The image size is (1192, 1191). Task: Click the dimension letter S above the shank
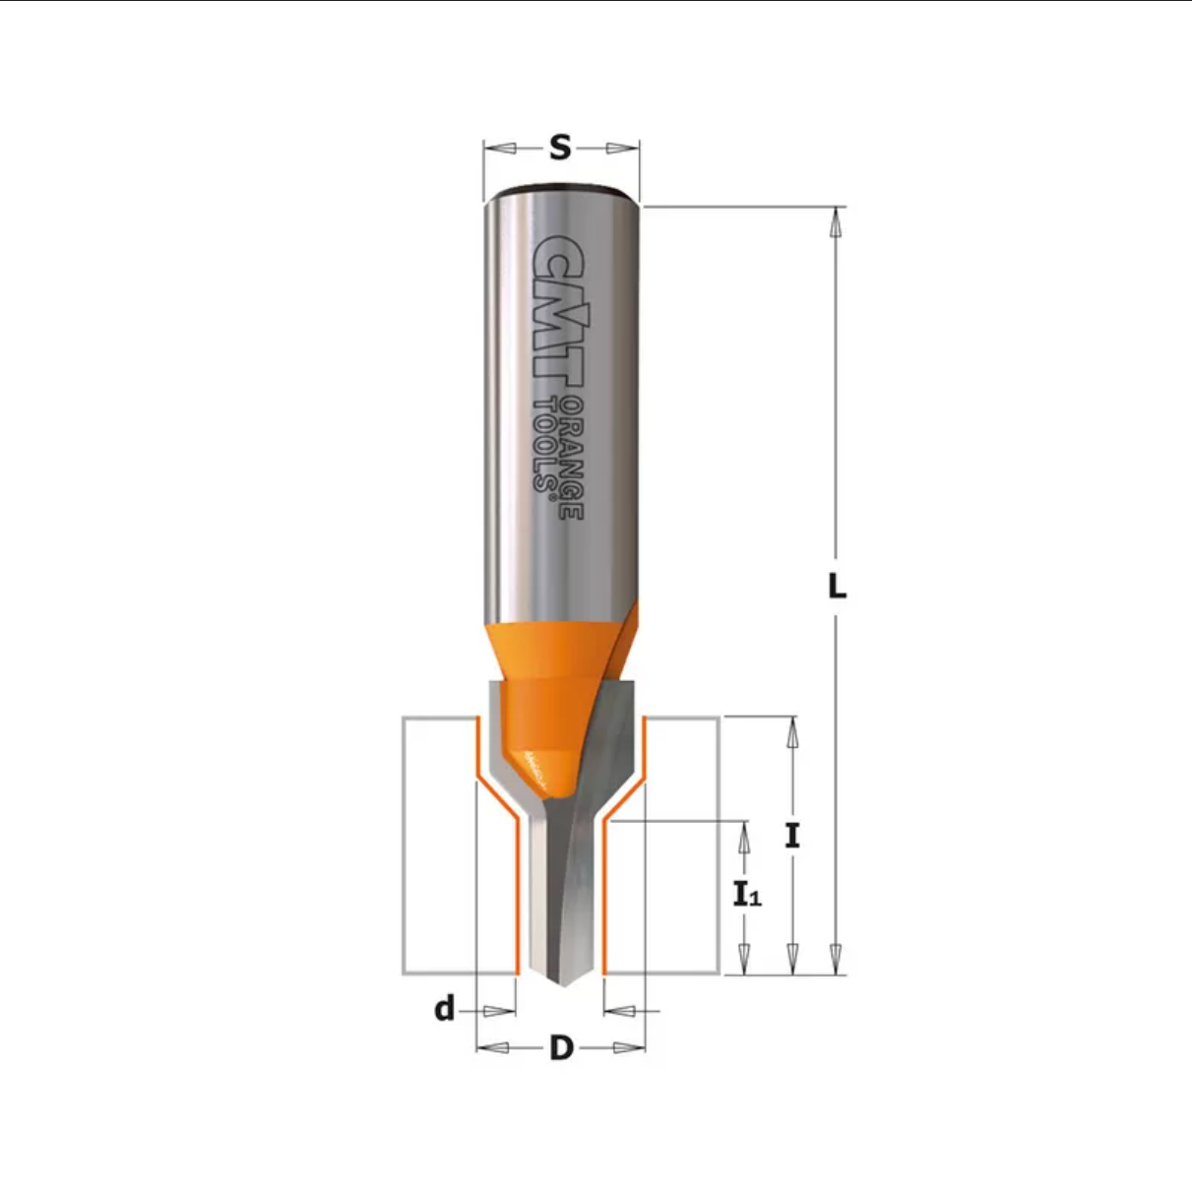[560, 148]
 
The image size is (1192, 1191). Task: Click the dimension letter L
[836, 587]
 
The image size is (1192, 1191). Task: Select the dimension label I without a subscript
[792, 836]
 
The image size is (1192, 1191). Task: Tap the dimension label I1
[747, 894]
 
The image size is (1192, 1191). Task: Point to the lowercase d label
[445, 1009]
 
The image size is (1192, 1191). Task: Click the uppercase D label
[561, 1048]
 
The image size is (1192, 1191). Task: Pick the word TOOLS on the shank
[544, 443]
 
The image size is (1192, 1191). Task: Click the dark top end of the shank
[562, 187]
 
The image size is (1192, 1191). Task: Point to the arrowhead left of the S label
[500, 149]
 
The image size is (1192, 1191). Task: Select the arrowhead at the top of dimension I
[792, 732]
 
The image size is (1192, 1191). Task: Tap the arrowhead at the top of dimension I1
[745, 836]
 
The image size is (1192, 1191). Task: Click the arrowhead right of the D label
[628, 1048]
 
